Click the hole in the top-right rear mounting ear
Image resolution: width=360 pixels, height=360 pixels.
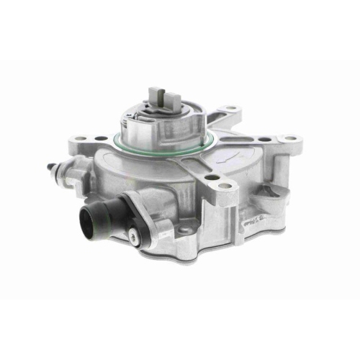[x=232, y=111]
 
